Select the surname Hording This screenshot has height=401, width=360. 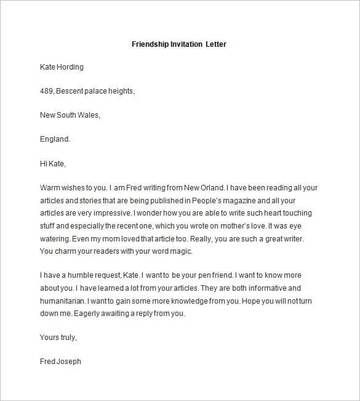[x=70, y=67]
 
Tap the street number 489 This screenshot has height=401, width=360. [x=47, y=91]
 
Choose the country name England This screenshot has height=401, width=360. [x=55, y=139]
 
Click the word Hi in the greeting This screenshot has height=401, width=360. [x=44, y=164]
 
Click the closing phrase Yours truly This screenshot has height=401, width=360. [x=58, y=337]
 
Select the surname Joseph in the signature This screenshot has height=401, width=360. [x=68, y=361]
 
